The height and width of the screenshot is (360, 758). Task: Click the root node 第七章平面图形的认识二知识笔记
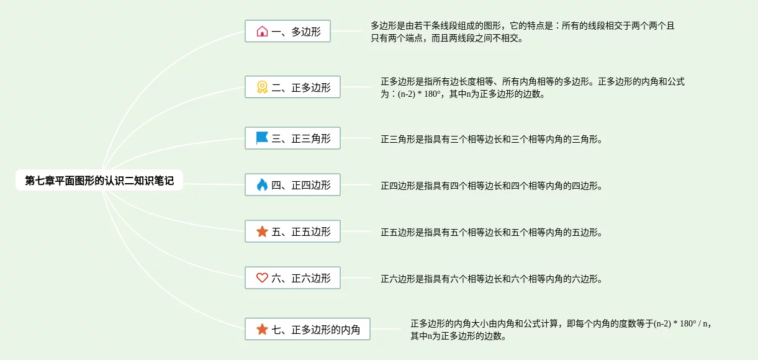[99, 181]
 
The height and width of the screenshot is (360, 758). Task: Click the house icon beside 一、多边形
[262, 31]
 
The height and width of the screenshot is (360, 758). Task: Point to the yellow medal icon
[262, 88]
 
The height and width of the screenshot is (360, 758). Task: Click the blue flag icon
[262, 138]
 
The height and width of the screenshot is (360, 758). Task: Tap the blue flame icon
[262, 185]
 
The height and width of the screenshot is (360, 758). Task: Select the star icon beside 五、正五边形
[262, 232]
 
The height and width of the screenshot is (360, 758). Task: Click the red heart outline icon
[262, 278]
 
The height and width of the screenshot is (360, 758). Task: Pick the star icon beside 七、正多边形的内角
[262, 330]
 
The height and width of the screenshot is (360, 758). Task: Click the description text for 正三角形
[491, 140]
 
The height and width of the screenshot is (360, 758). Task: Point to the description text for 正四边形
[491, 186]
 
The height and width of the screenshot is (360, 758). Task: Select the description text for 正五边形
[491, 233]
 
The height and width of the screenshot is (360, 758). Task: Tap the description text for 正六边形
[491, 279]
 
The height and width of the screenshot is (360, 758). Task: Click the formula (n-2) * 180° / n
[681, 323]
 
